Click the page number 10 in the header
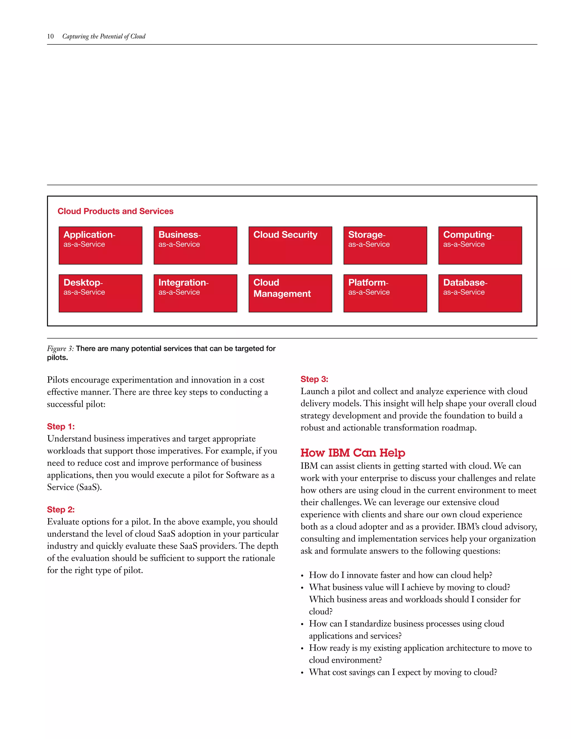pos(50,36)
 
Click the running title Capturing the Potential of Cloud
pos(104,36)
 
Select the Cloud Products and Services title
pos(115,211)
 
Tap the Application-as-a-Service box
pos(100,245)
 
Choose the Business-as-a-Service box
pos(195,245)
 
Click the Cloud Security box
pos(290,245)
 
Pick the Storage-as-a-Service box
pos(385,245)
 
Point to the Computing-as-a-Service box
pos(480,245)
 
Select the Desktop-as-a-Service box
pos(100,293)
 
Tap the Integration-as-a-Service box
pos(195,293)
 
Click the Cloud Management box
pos(290,293)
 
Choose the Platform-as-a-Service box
pos(385,293)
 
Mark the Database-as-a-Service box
pos(480,293)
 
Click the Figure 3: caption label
pos(60,349)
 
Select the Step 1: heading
pos(61,426)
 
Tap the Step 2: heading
pos(61,509)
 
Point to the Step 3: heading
pos(314,379)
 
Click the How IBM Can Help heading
pos(352,453)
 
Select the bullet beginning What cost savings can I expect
pos(403,672)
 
